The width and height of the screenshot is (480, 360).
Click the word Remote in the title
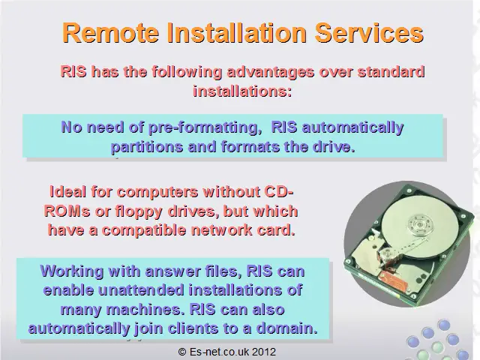110,32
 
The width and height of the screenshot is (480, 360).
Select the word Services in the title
369,32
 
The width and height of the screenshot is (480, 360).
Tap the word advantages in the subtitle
271,72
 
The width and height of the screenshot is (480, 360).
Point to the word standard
391,72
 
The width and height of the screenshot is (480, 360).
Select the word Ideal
67,192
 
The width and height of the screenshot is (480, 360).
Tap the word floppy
139,212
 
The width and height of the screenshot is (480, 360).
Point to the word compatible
144,230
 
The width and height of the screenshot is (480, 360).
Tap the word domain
286,328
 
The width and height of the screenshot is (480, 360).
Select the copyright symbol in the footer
182,352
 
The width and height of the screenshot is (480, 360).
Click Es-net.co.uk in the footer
220,352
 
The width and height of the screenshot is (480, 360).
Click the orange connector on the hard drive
390,279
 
